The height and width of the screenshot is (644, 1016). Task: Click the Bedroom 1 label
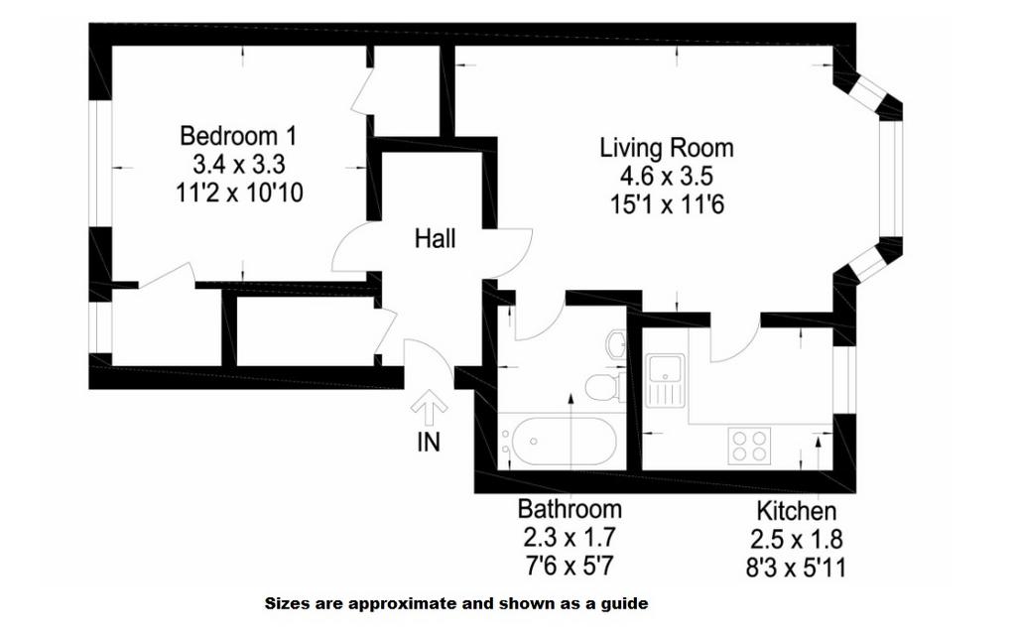[238, 136]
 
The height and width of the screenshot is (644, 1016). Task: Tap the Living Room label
[666, 148]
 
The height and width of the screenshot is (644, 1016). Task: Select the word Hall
[435, 238]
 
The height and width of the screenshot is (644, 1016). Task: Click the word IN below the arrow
[429, 442]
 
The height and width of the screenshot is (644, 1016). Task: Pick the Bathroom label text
[570, 509]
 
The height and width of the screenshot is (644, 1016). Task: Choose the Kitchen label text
[797, 510]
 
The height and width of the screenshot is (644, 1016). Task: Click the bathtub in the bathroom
[561, 442]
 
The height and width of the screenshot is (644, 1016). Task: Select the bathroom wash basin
[616, 343]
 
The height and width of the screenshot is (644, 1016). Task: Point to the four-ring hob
[749, 446]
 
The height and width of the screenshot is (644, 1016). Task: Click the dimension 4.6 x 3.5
[666, 177]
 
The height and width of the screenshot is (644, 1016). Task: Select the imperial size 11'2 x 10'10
[239, 193]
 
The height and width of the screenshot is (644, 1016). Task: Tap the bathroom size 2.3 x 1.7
[570, 537]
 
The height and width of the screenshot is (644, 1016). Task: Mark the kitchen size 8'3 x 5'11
[797, 569]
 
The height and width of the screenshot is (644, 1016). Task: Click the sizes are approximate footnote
[456, 604]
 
